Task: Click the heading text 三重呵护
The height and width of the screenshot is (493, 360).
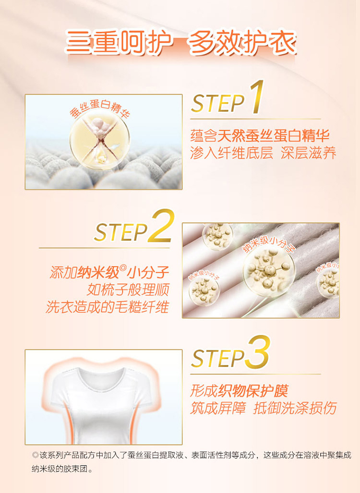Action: (x=119, y=42)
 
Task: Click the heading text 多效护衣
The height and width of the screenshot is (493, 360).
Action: (x=242, y=42)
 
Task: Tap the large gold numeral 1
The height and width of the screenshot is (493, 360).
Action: (x=256, y=97)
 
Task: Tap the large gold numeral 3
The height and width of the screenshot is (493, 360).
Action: (x=258, y=352)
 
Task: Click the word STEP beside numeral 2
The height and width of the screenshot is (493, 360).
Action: (x=121, y=232)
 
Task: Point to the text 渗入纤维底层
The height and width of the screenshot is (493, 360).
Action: (x=231, y=153)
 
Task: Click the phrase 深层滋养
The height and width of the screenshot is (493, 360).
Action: (x=309, y=153)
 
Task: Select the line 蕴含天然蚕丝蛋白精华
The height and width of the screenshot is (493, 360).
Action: (x=260, y=135)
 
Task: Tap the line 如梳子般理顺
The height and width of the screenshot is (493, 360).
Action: (x=128, y=289)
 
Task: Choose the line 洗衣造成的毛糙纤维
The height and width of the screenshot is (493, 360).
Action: (x=108, y=307)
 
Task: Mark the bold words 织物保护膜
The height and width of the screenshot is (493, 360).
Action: (x=253, y=391)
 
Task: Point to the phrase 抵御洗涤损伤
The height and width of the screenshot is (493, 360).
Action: (x=295, y=408)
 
